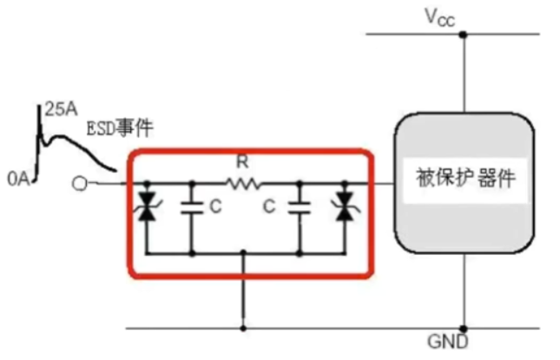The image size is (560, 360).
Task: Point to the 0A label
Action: [17, 180]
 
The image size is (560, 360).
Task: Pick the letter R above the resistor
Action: [244, 162]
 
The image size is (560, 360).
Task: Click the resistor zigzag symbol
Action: [244, 183]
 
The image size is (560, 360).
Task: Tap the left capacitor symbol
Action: [191, 208]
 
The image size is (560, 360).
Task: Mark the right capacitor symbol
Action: [300, 208]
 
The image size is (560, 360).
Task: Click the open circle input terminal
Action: [80, 184]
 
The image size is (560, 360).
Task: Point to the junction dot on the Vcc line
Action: [462, 35]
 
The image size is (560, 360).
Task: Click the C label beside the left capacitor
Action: [214, 208]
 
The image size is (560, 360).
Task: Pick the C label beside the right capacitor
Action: [271, 208]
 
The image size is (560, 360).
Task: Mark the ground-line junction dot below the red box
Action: [242, 329]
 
